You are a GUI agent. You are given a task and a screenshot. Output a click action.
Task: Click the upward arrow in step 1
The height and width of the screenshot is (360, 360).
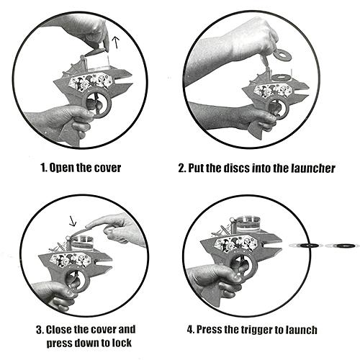pyautogui.click(x=116, y=42)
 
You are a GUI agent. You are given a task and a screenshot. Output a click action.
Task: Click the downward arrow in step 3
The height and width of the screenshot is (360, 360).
pyautogui.click(x=72, y=221)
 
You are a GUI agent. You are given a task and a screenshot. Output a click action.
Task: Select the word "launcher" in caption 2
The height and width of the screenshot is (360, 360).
pyautogui.click(x=313, y=168)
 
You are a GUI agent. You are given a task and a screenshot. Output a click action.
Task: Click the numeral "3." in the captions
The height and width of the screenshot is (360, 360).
pyautogui.click(x=40, y=330)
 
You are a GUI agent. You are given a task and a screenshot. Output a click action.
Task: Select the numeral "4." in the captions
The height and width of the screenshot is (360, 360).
pyautogui.click(x=191, y=330)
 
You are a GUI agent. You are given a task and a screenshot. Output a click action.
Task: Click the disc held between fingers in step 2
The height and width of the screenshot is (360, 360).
pyautogui.click(x=282, y=55)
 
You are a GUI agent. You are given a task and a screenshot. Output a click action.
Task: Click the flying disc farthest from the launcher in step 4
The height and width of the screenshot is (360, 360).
pyautogui.click(x=342, y=246)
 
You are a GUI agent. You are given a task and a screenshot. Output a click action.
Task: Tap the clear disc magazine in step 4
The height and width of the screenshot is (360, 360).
pyautogui.click(x=248, y=224)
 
